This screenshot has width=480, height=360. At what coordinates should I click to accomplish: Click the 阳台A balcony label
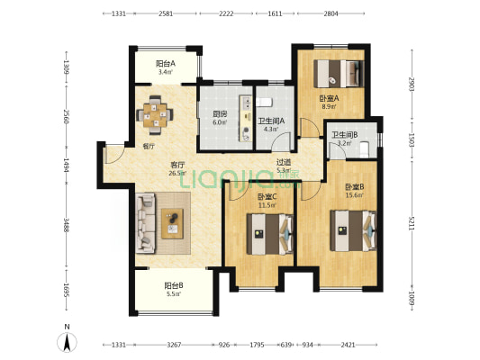[x=166, y=64]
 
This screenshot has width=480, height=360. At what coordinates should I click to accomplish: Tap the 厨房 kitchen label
[x=220, y=114]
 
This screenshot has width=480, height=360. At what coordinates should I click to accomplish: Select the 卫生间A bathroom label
[x=271, y=121]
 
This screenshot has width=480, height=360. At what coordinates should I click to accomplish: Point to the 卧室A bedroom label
[x=329, y=98]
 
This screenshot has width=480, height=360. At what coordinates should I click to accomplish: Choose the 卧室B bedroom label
[x=355, y=186]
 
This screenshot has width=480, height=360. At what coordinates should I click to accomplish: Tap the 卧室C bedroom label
[x=267, y=197]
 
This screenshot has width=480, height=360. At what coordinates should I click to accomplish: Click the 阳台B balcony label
[x=174, y=285]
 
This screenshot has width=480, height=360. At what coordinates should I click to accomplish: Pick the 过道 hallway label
[x=284, y=162]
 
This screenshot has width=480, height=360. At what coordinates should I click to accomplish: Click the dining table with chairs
[x=155, y=115]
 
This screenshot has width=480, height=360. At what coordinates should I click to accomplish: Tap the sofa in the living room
[x=145, y=223]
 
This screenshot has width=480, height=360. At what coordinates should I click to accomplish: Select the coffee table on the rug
[x=172, y=223]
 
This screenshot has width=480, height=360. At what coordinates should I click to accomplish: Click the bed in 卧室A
[x=339, y=74]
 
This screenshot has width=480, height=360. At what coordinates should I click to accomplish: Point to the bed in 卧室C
[x=270, y=234]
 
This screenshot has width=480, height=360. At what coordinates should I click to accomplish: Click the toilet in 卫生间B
[x=364, y=150]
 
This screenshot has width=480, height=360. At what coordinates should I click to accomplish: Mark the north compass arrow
[x=67, y=342]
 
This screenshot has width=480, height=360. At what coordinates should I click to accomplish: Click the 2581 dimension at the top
[x=166, y=13]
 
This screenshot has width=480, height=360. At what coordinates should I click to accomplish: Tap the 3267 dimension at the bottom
[x=174, y=345]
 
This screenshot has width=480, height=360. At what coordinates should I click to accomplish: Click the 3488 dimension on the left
[x=66, y=225]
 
